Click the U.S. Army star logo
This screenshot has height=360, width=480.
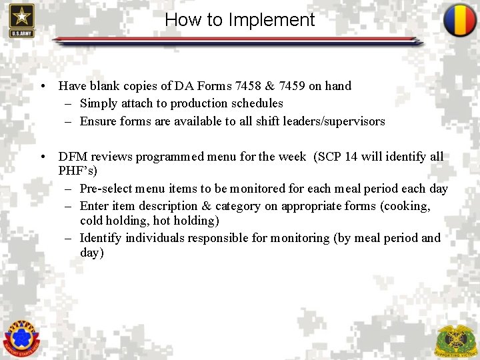point(21,20)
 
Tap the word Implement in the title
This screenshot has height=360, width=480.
point(271,20)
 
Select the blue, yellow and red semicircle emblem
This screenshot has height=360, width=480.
point(460,20)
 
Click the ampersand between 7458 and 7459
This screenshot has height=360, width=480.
point(275,86)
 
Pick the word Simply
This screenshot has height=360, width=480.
point(98,103)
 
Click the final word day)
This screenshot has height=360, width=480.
point(92,253)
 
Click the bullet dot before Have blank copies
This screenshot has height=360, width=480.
point(43,86)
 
